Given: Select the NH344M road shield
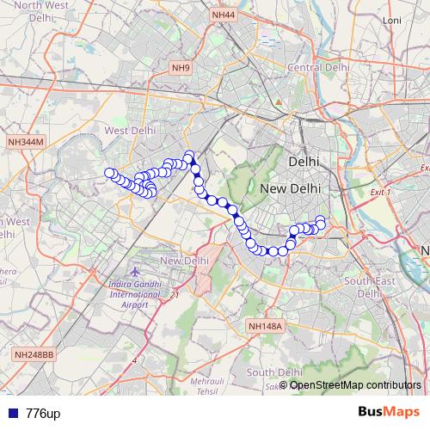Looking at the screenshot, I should tap(24, 141).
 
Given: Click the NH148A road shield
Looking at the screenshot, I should tap(264, 326).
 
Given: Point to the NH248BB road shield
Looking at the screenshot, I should tap(34, 354).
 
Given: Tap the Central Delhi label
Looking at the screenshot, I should tap(319, 67).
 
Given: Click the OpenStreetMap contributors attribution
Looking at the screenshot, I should tap(355, 385).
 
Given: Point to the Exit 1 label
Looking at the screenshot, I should tap(379, 193).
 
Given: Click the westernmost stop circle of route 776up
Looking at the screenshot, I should tap(110, 173).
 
